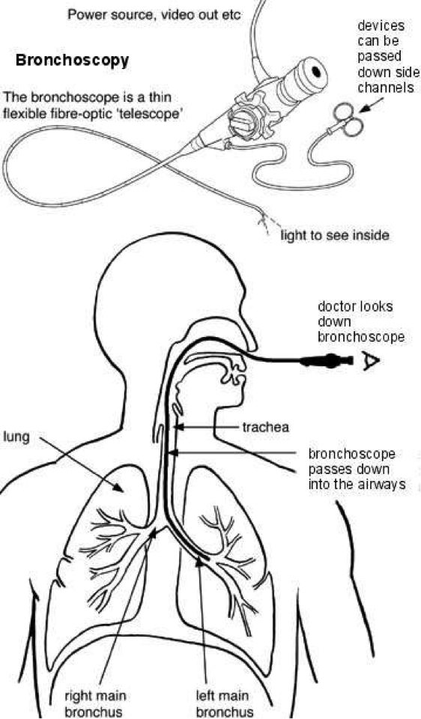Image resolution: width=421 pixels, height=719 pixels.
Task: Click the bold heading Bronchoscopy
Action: click(x=72, y=61)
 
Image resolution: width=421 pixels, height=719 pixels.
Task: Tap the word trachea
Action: click(x=265, y=428)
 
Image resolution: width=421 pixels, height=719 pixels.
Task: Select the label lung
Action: click(x=16, y=437)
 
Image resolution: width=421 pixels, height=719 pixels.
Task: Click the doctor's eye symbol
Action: click(x=369, y=361)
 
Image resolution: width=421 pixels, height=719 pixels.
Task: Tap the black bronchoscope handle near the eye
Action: click(x=327, y=361)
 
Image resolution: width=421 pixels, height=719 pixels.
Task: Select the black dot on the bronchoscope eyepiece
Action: click(x=316, y=71)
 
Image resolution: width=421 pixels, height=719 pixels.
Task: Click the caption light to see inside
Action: click(x=334, y=236)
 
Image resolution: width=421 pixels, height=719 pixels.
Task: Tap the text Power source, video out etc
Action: click(x=154, y=15)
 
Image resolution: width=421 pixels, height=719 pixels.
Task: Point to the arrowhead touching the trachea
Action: click(x=180, y=428)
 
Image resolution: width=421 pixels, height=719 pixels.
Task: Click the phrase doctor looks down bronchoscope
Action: click(x=361, y=321)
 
